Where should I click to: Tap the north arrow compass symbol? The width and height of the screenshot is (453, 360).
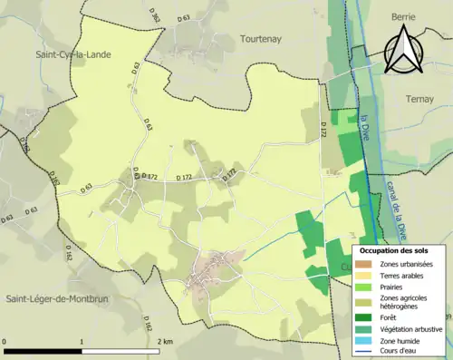click(402, 50)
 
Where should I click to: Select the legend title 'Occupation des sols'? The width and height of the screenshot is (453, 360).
click(394, 249)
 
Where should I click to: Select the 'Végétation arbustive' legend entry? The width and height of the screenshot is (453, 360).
click(408, 328)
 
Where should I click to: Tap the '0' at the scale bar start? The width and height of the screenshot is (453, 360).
click(5, 341)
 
